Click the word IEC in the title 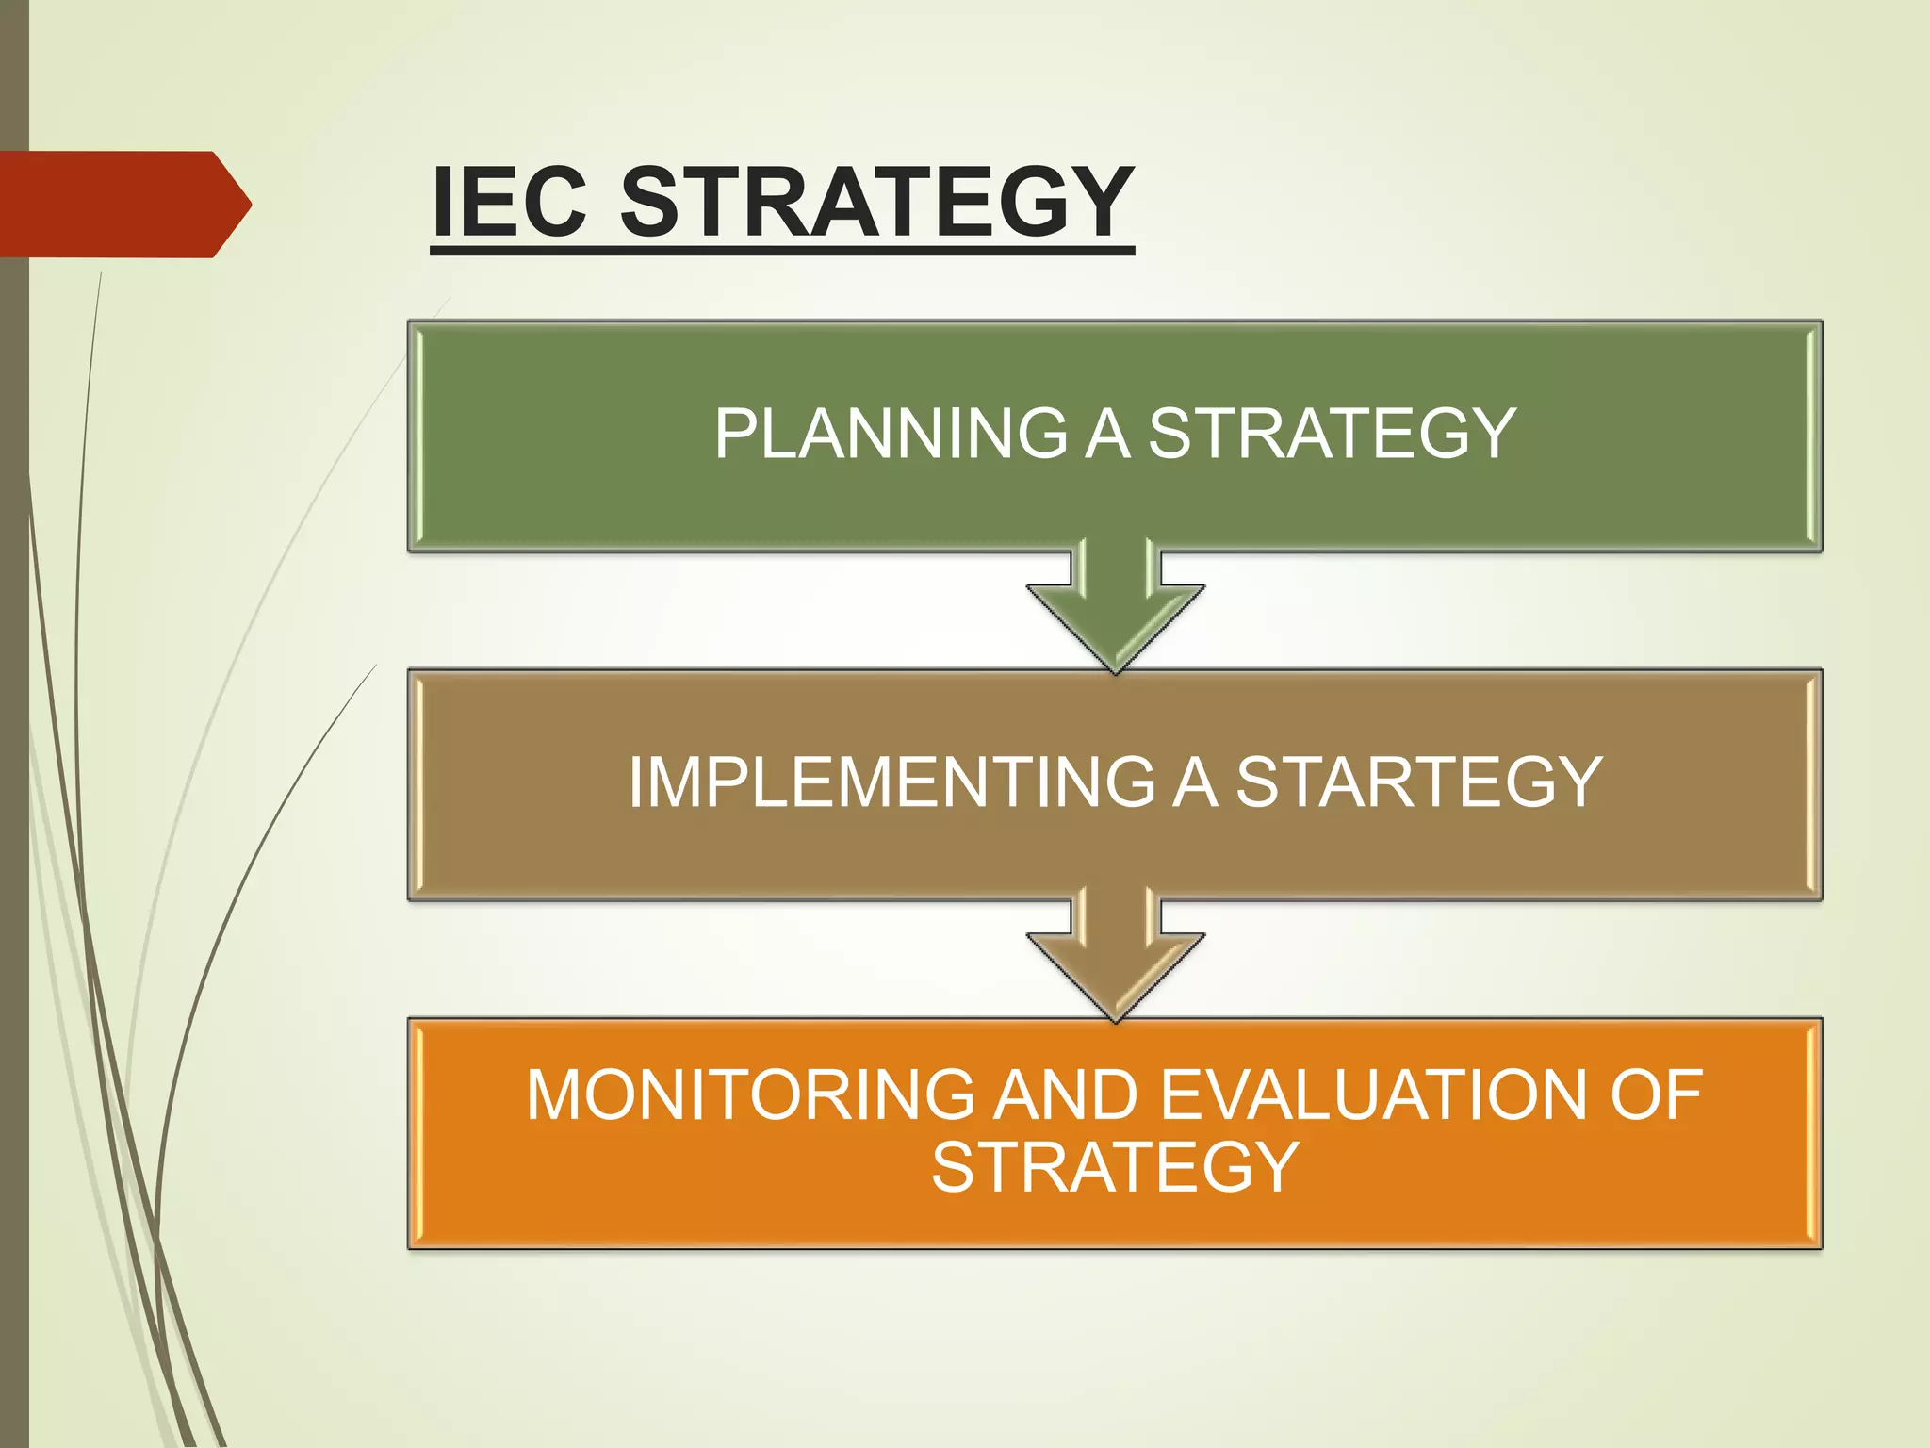coord(510,202)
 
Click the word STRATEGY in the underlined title coord(876,202)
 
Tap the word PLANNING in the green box coord(891,434)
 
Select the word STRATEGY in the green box coord(1332,434)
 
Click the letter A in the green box coord(1108,434)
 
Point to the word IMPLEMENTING coord(891,782)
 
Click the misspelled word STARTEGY coord(1418,782)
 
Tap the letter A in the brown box coord(1195,782)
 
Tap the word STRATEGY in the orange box coord(1116,1167)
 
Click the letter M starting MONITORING coord(555,1095)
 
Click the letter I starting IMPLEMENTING coord(636,782)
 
